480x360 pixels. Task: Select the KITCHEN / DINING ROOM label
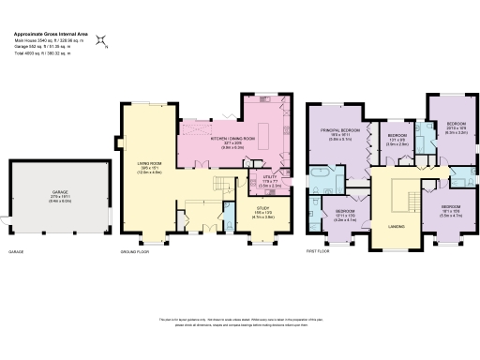click(x=231, y=138)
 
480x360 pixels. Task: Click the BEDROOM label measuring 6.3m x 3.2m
click(x=457, y=126)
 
